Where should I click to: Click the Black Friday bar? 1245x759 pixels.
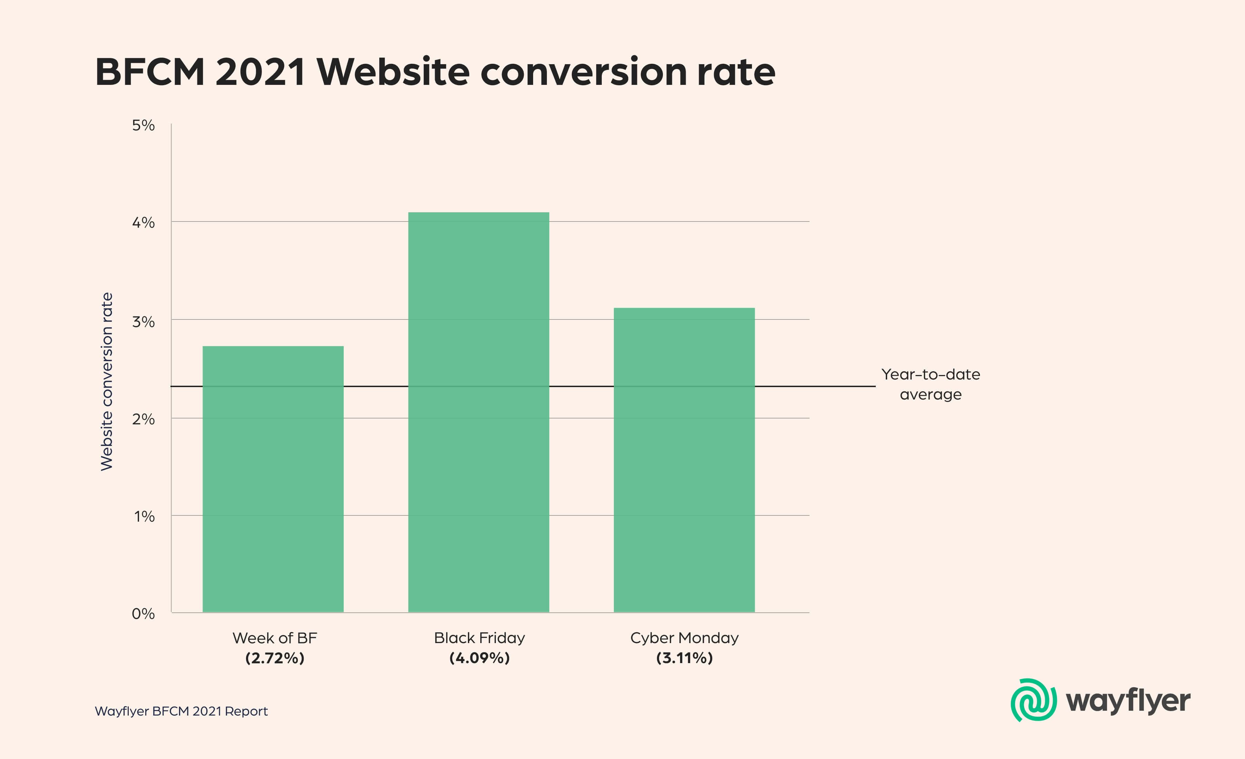(x=479, y=412)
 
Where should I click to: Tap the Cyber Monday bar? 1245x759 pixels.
(x=684, y=460)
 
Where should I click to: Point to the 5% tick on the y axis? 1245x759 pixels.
(x=144, y=125)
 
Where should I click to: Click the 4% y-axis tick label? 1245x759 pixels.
(x=144, y=222)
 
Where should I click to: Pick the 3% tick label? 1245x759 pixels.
(x=144, y=322)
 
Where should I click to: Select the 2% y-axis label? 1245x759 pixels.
(x=144, y=419)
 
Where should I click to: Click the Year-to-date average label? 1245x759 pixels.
(x=931, y=384)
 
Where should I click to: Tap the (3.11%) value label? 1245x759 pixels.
(x=684, y=658)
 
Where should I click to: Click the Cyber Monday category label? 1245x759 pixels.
(x=684, y=638)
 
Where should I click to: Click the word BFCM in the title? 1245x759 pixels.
(x=149, y=72)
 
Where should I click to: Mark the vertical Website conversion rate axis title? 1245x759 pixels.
(x=107, y=382)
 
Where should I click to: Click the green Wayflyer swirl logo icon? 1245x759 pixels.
(x=1033, y=700)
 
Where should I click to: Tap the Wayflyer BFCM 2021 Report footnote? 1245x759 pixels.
(x=181, y=711)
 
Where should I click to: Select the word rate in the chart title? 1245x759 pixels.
(x=736, y=72)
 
